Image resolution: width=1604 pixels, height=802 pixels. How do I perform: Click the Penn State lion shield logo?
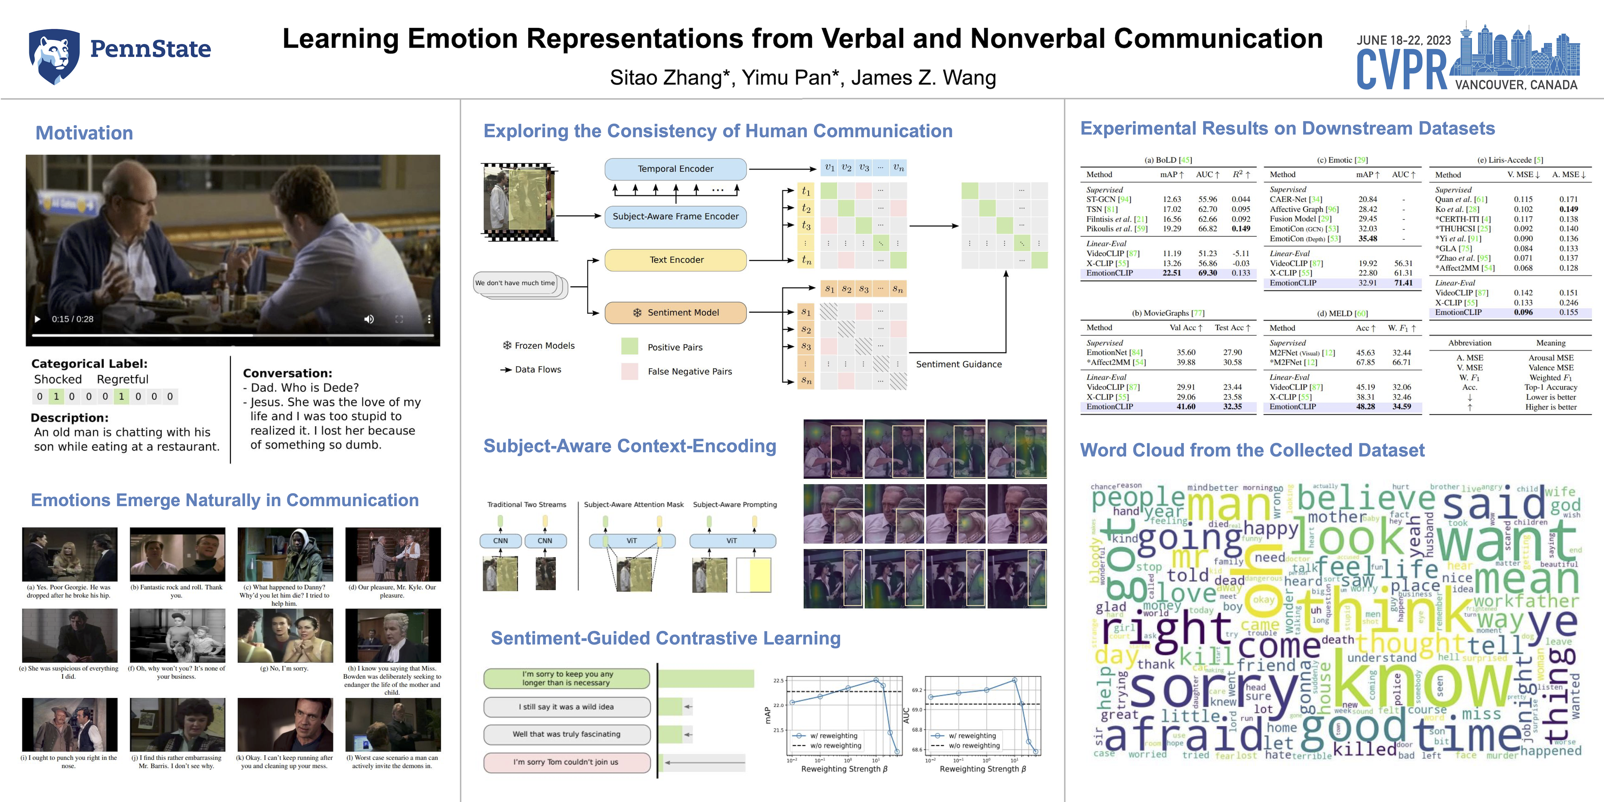click(x=54, y=56)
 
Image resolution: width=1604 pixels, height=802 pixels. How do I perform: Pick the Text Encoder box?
click(x=676, y=260)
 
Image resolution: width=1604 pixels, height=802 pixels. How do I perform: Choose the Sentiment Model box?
click(x=676, y=313)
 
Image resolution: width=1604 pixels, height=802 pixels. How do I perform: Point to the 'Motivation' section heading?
click(x=84, y=133)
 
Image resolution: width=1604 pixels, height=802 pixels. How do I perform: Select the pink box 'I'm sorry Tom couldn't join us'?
click(x=566, y=762)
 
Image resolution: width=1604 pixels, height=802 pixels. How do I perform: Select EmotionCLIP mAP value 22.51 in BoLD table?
click(x=1171, y=273)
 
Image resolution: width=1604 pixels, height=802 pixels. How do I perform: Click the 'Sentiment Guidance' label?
click(x=958, y=364)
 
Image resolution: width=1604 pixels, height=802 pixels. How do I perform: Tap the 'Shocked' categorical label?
click(x=58, y=379)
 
